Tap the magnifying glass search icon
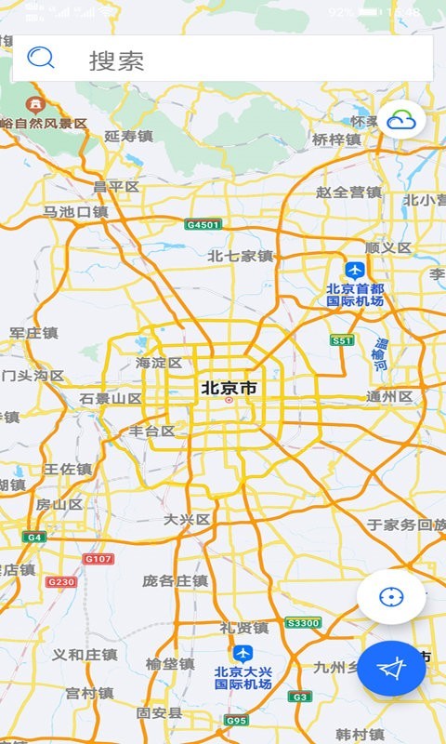coord(41,59)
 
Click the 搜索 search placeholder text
coord(116,61)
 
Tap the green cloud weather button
coord(401,120)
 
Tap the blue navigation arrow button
coord(392,668)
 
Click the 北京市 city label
coord(229,388)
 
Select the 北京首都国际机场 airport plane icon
coord(354,270)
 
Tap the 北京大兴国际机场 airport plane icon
coord(243,653)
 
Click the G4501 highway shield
coord(203,225)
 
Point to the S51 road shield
coord(342,340)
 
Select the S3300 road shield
coord(303,623)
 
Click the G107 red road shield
coord(98,559)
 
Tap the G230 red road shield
coord(60,581)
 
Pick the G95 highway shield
coord(236,720)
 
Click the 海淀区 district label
coord(159,363)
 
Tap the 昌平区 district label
coord(116,187)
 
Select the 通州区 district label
coord(389,396)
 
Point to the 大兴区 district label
coord(187,519)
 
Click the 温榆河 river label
coord(380,353)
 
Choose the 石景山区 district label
coord(111,399)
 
